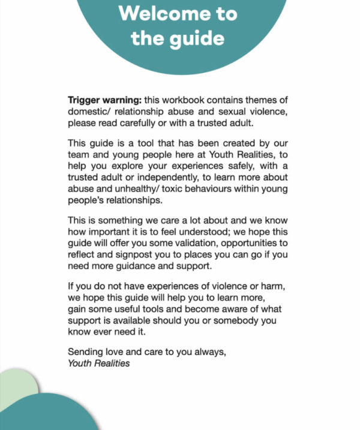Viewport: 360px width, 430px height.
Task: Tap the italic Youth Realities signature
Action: coord(99,363)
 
